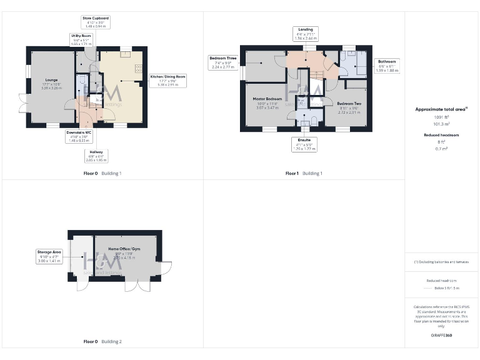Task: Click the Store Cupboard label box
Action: tap(96, 22)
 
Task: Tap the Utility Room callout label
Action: tap(82, 40)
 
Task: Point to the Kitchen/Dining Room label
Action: tap(168, 79)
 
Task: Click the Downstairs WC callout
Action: tap(79, 136)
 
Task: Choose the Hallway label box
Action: tap(96, 156)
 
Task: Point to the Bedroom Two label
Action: tap(349, 107)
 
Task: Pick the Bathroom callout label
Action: tap(386, 66)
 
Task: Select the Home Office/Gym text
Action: tap(122, 251)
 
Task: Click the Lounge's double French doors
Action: tap(22, 103)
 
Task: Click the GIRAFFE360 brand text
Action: tap(441, 336)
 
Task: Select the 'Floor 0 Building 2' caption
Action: tap(102, 342)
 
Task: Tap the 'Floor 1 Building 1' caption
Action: tap(304, 173)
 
